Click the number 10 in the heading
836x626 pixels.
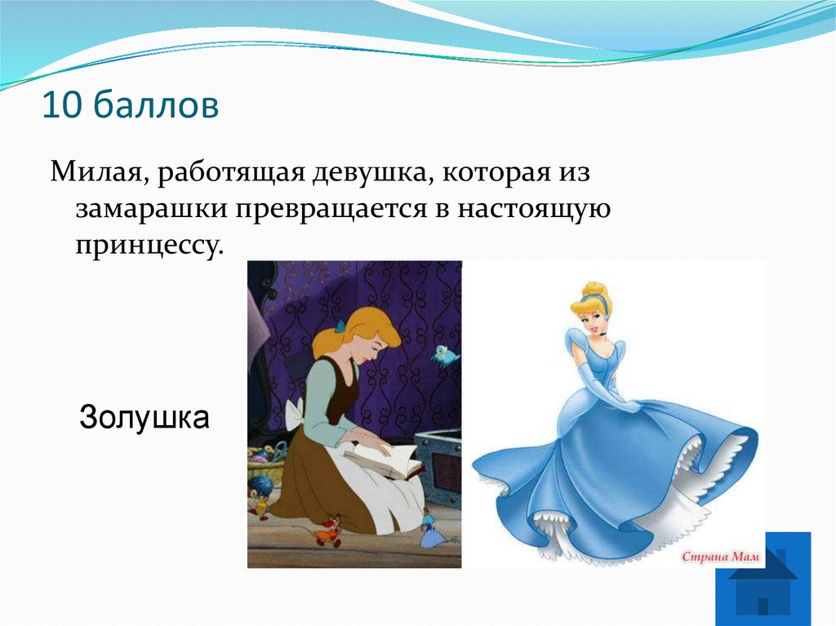click(x=61, y=106)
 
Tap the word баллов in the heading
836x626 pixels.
click(x=155, y=106)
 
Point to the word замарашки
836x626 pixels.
click(x=151, y=210)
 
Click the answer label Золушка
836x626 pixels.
click(x=145, y=419)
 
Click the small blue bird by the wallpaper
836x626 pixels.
click(x=445, y=354)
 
